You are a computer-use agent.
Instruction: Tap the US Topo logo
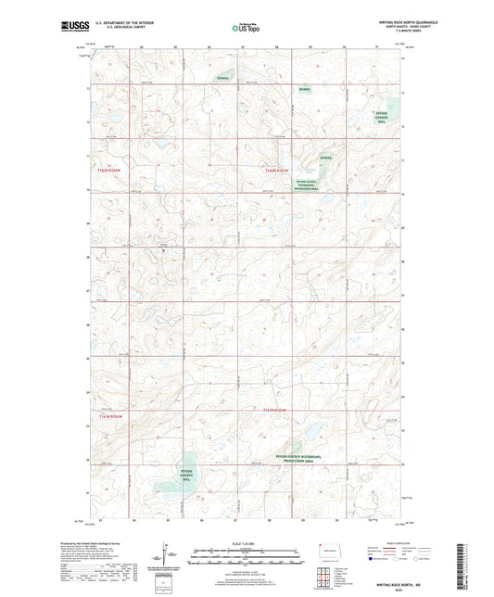tap(247, 28)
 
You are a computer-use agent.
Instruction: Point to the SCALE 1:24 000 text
tap(247, 543)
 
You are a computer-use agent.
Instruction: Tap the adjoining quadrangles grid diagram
tap(322, 578)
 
